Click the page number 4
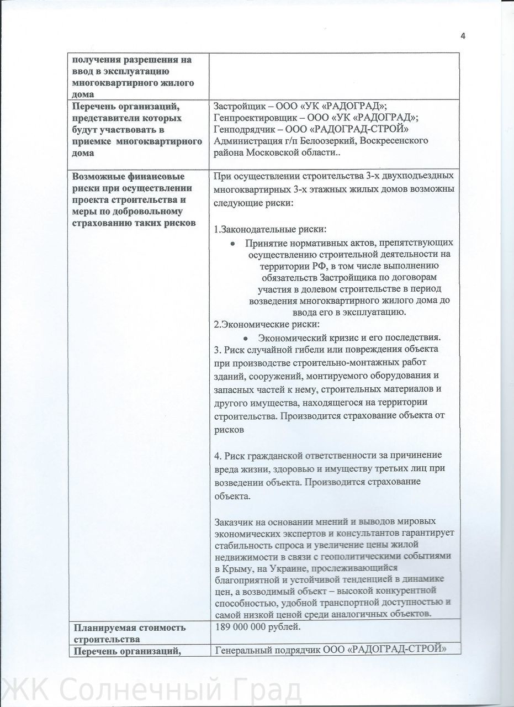tap(463, 36)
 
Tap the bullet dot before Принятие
tap(233, 243)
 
